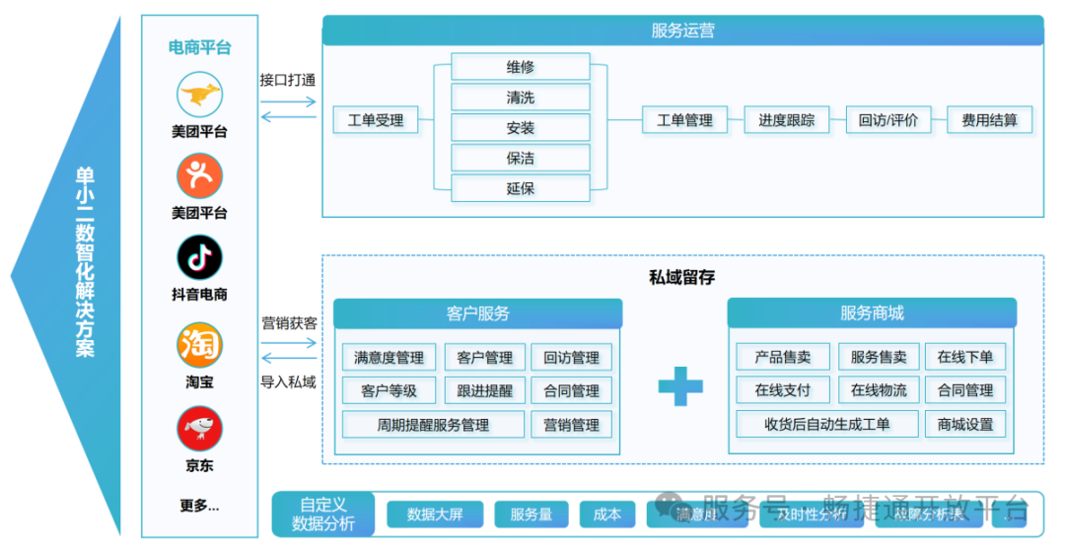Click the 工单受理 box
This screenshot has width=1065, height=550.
pos(375,120)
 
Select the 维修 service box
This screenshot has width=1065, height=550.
pos(520,67)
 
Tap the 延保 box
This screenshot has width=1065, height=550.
pos(520,187)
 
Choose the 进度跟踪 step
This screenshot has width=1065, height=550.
pos(786,120)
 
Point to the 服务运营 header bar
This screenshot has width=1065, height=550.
pos(682,31)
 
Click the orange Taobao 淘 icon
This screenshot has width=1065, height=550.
pos(199,345)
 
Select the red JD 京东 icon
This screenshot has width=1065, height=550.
pos(199,429)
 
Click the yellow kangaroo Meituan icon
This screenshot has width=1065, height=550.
pos(199,96)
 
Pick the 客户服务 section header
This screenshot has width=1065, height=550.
pos(477,313)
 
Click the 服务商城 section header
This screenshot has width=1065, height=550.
pos(872,313)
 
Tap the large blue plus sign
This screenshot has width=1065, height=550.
pos(680,385)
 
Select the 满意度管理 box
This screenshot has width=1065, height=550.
pos(389,358)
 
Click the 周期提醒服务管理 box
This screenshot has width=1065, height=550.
pos(433,425)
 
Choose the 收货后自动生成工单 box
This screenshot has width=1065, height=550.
pos(826,425)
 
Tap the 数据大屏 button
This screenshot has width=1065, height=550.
pos(434,514)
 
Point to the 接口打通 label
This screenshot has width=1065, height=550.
pos(288,80)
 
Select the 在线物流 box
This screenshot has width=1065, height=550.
pos(879,390)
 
